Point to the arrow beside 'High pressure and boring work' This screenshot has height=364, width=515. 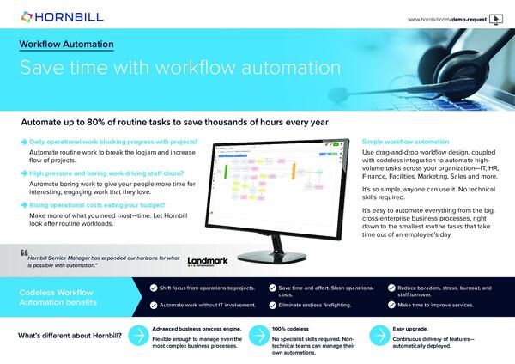[x=23, y=173]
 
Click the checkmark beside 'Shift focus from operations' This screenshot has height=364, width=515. [x=153, y=288]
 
